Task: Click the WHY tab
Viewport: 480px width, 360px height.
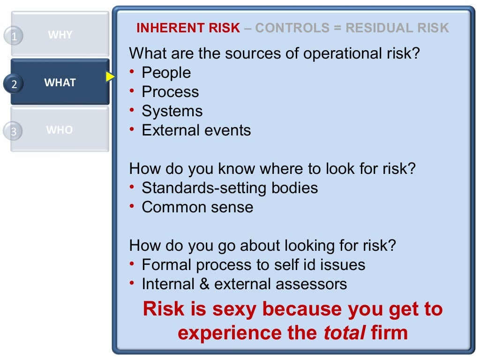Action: (60, 35)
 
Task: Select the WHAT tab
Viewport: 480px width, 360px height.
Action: (60, 82)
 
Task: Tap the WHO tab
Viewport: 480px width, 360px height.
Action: (60, 130)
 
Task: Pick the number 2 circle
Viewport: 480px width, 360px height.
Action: (14, 84)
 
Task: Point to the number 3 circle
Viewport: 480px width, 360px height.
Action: (14, 132)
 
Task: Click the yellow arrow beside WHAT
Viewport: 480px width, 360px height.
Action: (110, 77)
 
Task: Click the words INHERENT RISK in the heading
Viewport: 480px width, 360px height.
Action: (188, 28)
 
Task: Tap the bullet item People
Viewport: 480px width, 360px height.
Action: (166, 73)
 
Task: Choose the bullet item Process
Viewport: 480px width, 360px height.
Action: (170, 92)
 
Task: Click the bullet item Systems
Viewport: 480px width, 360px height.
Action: (172, 111)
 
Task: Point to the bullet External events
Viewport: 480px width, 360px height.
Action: (196, 130)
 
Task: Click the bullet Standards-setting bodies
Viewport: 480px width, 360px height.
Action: (230, 188)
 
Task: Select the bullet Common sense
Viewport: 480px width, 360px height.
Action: (197, 207)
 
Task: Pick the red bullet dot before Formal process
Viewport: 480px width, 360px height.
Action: (133, 264)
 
